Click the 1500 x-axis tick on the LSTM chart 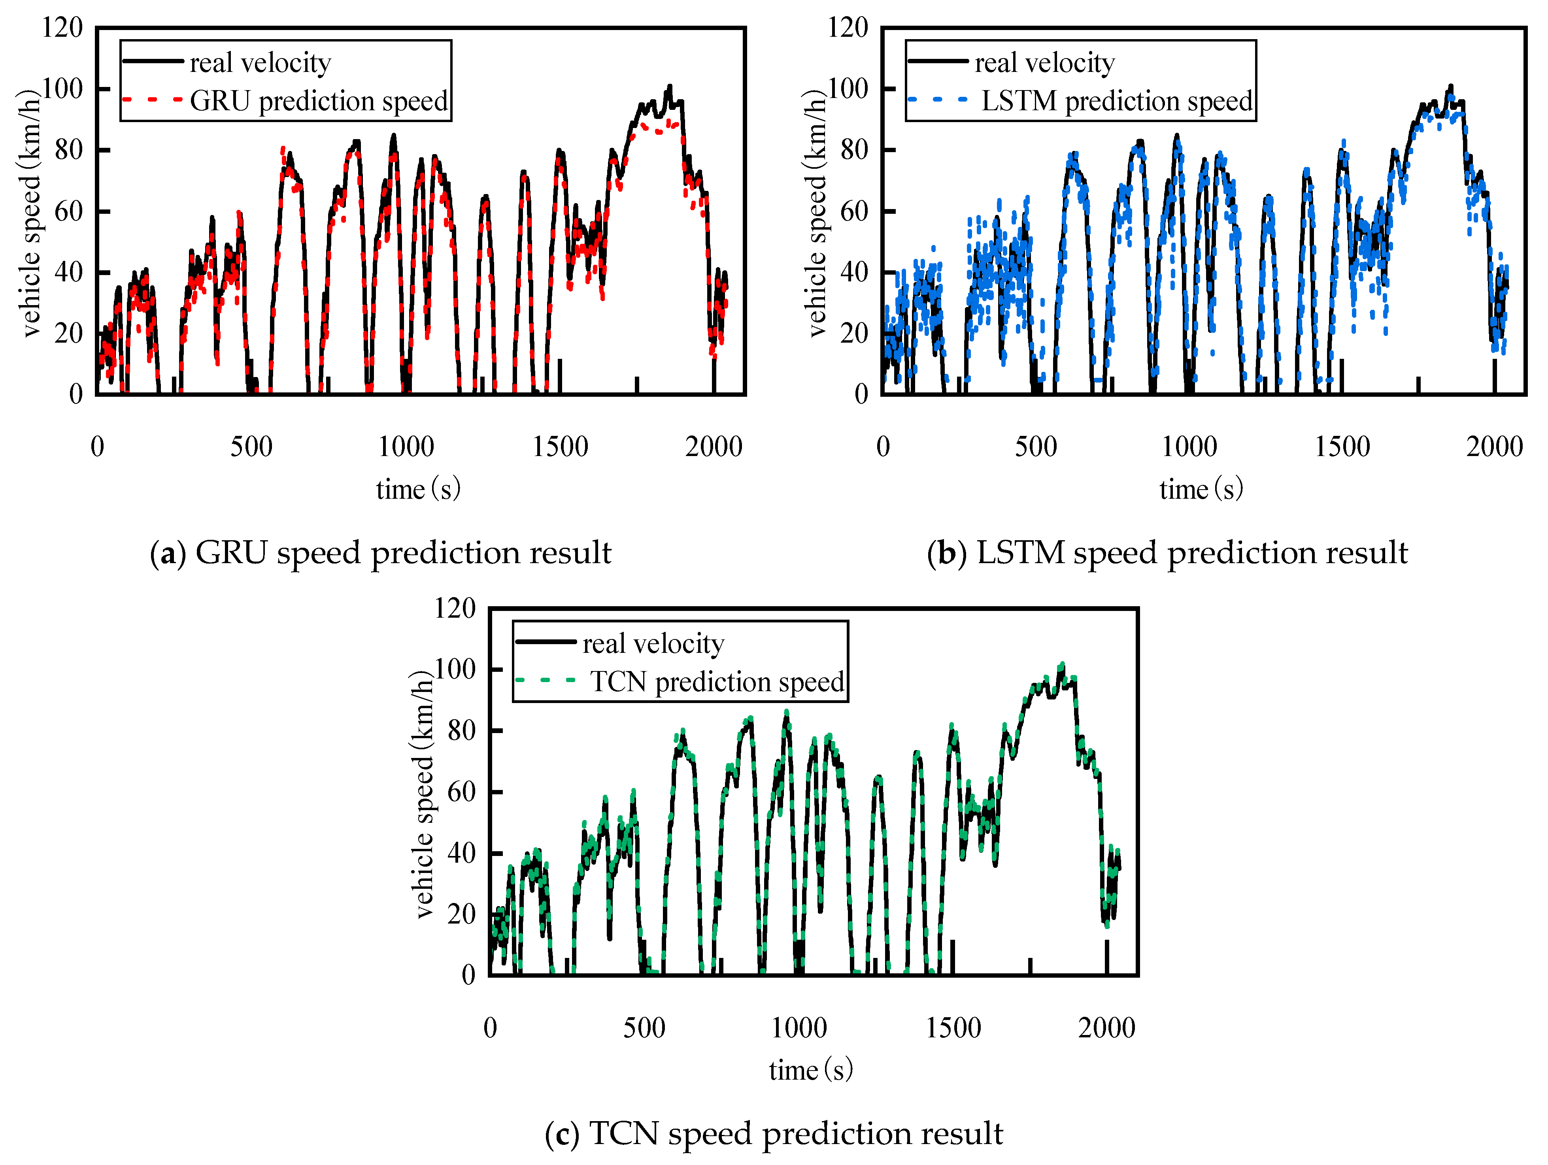pyautogui.click(x=1342, y=447)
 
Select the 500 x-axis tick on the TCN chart pyautogui.click(x=644, y=1027)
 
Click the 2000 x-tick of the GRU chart pyautogui.click(x=713, y=447)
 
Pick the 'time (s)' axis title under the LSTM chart pyautogui.click(x=1201, y=488)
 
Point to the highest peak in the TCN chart pyautogui.click(x=1062, y=665)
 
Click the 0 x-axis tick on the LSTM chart pyautogui.click(x=883, y=447)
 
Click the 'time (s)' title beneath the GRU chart pyautogui.click(x=418, y=488)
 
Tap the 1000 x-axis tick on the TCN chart pyautogui.click(x=799, y=1027)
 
